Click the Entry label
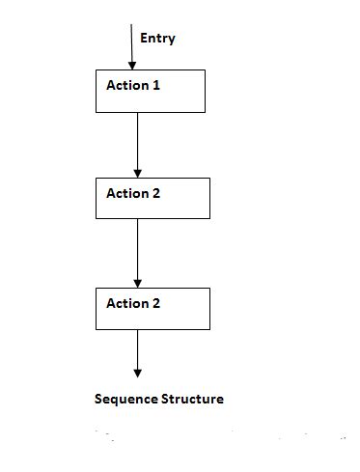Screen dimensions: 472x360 pos(157,39)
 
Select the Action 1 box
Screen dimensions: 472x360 pos(151,91)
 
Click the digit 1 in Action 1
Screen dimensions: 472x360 pos(156,85)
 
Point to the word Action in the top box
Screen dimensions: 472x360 pos(127,85)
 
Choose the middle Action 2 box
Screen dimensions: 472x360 pos(153,198)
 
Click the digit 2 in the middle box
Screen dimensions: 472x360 pos(156,193)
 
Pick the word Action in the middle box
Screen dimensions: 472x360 pos(127,193)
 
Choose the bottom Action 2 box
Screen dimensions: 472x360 pos(153,308)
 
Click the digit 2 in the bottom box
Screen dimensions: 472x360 pos(156,303)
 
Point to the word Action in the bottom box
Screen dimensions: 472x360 pos(127,303)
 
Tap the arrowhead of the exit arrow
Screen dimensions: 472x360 pos(138,372)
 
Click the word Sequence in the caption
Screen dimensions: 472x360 pos(125,399)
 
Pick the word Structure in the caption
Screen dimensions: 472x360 pos(193,399)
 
